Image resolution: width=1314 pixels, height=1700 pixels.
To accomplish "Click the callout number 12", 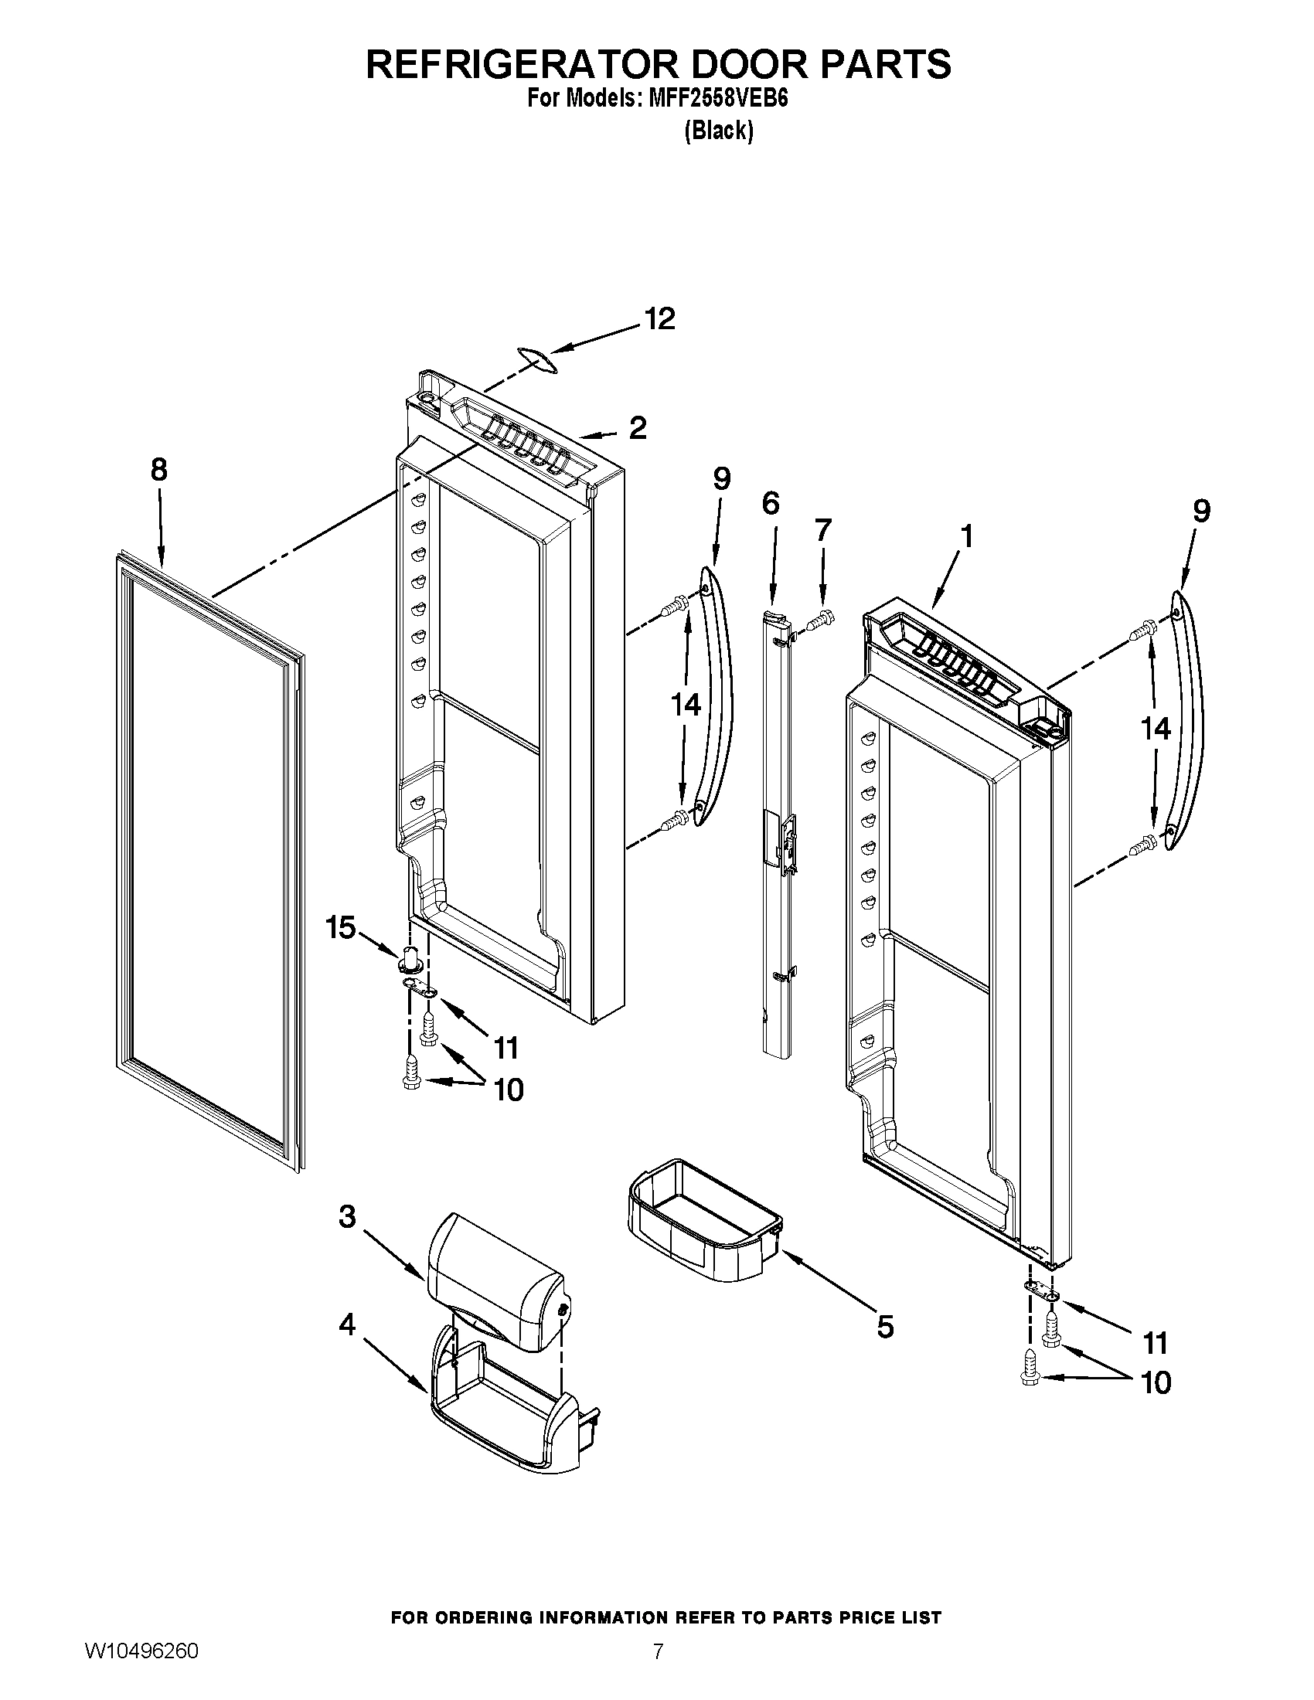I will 659,320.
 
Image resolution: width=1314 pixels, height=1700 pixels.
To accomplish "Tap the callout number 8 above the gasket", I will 158,470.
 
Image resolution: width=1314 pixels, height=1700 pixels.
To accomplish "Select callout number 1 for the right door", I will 966,536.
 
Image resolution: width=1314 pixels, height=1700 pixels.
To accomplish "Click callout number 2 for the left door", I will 638,428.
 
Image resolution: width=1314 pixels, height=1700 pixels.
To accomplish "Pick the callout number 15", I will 341,928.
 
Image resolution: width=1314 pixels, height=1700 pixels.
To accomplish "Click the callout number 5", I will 885,1326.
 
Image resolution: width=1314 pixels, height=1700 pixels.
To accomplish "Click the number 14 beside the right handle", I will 1156,729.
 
